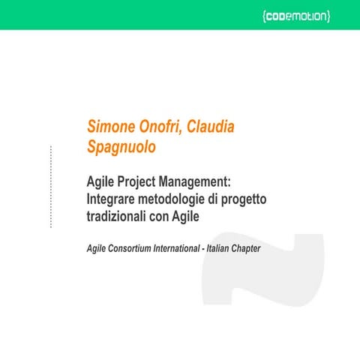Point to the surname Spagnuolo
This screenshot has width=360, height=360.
pos(122,148)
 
